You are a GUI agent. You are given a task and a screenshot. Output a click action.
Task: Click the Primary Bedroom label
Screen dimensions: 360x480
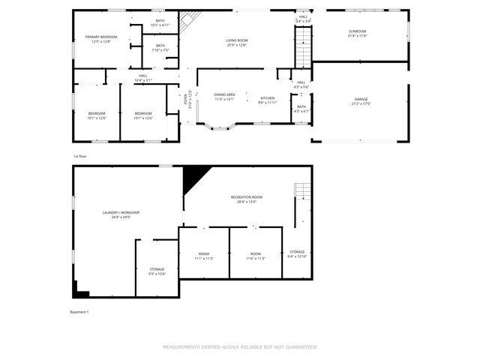[x=100, y=39]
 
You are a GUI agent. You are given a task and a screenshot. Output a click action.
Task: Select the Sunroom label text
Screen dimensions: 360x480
[x=357, y=33]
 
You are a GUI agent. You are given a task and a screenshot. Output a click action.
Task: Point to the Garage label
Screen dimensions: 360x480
[x=361, y=101]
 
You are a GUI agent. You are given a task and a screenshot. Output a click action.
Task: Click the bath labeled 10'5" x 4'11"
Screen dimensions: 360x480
[x=160, y=22]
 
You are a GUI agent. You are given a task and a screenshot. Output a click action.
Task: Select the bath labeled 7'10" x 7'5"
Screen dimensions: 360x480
[x=160, y=47]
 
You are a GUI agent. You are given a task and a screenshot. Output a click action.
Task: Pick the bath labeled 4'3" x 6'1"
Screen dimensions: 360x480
[x=301, y=109]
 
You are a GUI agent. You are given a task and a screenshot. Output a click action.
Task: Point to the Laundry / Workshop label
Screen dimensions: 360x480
[x=121, y=214]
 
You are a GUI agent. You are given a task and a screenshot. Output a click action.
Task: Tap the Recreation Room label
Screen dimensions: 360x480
[x=247, y=199]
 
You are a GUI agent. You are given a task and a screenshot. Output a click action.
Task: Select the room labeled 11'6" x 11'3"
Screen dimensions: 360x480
[x=256, y=256]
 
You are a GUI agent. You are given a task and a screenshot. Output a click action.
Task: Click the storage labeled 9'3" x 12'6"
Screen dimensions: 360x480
[x=157, y=271]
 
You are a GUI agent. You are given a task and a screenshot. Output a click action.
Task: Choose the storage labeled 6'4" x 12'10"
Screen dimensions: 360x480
[x=296, y=253]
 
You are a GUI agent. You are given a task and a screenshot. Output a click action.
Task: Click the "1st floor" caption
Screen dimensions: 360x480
[x=80, y=156]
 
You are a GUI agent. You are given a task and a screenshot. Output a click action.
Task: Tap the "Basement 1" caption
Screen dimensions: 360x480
[x=79, y=311]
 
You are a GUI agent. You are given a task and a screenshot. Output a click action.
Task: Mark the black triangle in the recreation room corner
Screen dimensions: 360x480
[x=194, y=177]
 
